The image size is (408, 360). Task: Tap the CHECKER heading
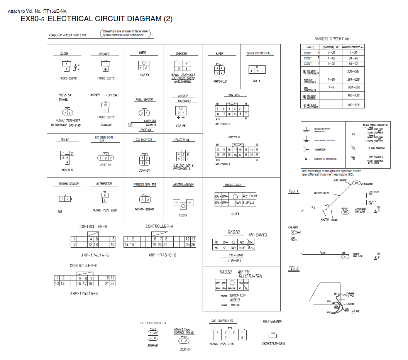click(x=181, y=54)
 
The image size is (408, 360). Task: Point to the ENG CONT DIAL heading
click(x=259, y=53)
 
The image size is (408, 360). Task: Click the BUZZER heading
click(x=183, y=96)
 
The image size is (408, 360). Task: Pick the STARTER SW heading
click(x=181, y=140)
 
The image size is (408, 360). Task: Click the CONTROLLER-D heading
click(x=84, y=266)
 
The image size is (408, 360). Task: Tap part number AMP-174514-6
click(x=95, y=255)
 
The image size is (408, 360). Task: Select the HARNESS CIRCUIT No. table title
click(x=332, y=39)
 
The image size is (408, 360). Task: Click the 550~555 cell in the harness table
click(x=353, y=88)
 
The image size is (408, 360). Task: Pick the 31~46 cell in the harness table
click(x=353, y=58)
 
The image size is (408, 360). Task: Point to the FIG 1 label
click(x=294, y=191)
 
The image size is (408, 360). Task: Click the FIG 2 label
click(x=294, y=268)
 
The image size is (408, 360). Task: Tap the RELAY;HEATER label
click(x=273, y=322)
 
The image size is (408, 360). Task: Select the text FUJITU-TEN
click(x=250, y=277)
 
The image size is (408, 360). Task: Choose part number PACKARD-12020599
click(x=144, y=209)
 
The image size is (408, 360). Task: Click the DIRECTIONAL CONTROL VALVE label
click(x=184, y=331)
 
